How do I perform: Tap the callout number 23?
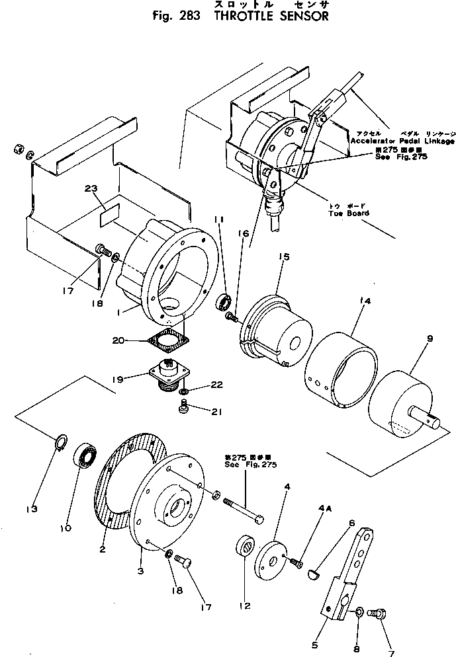point(91,189)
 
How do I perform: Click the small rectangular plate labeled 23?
point(110,213)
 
